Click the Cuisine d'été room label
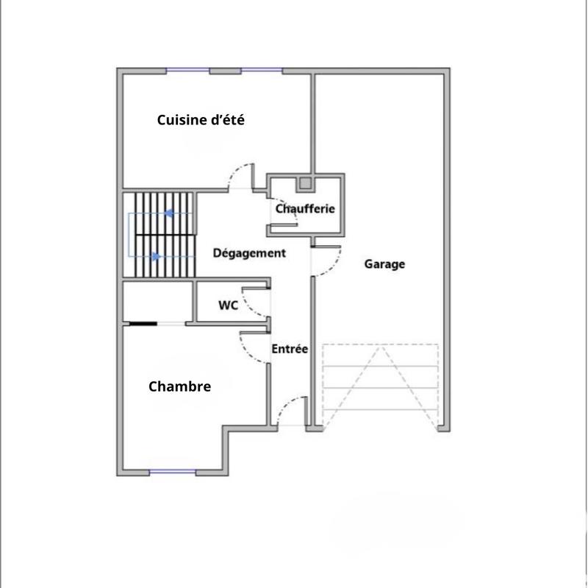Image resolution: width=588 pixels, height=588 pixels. pyautogui.click(x=201, y=120)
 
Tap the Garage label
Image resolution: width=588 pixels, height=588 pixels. pyautogui.click(x=384, y=264)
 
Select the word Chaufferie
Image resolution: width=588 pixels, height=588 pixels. pyautogui.click(x=305, y=209)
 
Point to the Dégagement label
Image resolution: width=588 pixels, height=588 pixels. pyautogui.click(x=249, y=253)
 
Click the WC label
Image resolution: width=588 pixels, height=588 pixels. pyautogui.click(x=228, y=305)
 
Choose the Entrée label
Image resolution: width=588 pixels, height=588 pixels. pyautogui.click(x=290, y=349)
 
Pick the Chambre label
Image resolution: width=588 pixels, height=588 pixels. pyautogui.click(x=179, y=386)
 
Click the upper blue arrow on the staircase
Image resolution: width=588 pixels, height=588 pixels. pyautogui.click(x=169, y=213)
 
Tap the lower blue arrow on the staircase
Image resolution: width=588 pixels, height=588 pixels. pyautogui.click(x=156, y=257)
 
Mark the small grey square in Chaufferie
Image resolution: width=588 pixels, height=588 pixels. pyautogui.click(x=305, y=183)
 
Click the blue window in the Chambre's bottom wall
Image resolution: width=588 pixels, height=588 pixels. pyautogui.click(x=172, y=472)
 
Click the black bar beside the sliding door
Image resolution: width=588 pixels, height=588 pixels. pyautogui.click(x=143, y=323)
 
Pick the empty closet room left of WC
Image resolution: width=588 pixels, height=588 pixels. pyautogui.click(x=157, y=300)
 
